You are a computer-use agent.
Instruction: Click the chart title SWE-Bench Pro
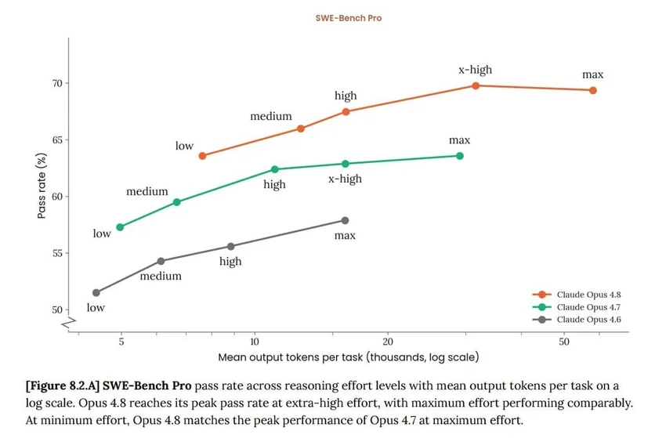click(x=349, y=18)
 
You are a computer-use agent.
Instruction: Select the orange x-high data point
click(x=476, y=86)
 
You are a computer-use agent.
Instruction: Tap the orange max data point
click(x=593, y=90)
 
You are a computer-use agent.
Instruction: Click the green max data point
click(x=460, y=156)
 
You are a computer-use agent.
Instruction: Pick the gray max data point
click(x=345, y=220)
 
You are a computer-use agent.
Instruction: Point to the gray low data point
click(x=96, y=293)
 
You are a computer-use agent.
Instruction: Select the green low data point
click(x=120, y=227)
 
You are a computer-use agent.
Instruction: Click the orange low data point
click(x=203, y=156)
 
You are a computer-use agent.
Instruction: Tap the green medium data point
click(x=177, y=202)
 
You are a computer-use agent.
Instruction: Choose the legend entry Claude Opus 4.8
click(x=577, y=295)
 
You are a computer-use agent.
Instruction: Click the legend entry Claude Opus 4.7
click(x=577, y=307)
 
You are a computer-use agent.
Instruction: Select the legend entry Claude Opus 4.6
click(x=577, y=320)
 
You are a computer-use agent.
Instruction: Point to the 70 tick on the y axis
click(x=57, y=83)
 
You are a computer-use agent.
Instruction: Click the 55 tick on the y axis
click(x=57, y=253)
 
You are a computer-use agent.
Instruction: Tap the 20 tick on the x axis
click(x=388, y=342)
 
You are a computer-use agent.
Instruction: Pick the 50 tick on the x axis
click(x=563, y=342)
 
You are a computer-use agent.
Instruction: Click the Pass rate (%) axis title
click(x=42, y=186)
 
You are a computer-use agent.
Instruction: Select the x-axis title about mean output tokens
click(x=349, y=357)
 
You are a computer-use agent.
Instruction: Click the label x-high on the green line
click(x=345, y=179)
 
